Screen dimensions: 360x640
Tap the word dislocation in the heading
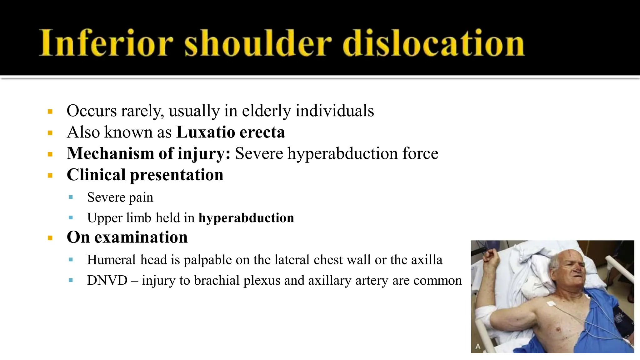pyautogui.click(x=433, y=43)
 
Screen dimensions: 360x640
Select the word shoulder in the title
pyautogui.click(x=258, y=43)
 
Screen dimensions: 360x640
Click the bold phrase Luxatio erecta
pyautogui.click(x=231, y=132)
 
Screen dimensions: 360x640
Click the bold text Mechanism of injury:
pyautogui.click(x=149, y=153)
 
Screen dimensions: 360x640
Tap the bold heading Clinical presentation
pyautogui.click(x=145, y=175)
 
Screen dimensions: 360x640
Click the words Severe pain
pyautogui.click(x=120, y=197)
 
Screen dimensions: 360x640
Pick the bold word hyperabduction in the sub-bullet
pyautogui.click(x=246, y=218)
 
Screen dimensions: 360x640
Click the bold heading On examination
pyautogui.click(x=127, y=237)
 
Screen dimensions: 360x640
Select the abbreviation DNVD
pyautogui.click(x=107, y=280)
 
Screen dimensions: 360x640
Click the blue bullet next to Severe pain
pyautogui.click(x=71, y=197)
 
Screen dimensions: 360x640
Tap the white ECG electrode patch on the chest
pyautogui.click(x=551, y=303)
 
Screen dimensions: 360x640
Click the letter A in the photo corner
pyautogui.click(x=478, y=346)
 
